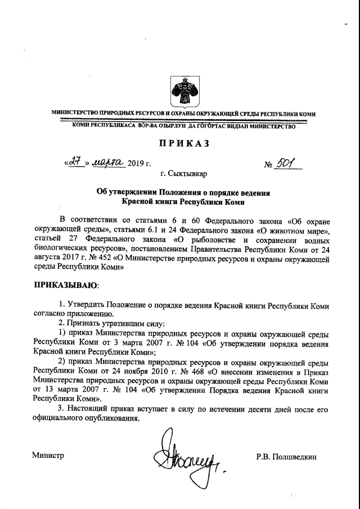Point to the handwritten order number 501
coord(291,163)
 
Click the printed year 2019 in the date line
coord(137,164)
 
